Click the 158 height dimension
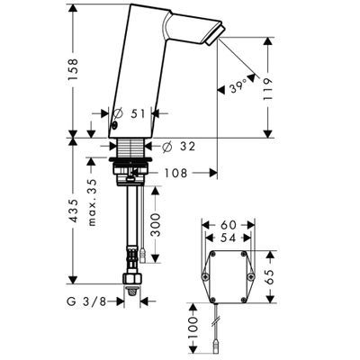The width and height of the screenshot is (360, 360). (x=73, y=69)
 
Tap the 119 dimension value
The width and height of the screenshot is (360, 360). (x=267, y=89)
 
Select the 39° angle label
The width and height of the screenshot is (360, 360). (x=238, y=88)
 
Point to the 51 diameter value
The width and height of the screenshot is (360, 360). (x=138, y=114)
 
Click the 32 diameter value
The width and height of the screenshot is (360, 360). (x=188, y=147)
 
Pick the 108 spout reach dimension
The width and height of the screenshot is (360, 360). (x=175, y=173)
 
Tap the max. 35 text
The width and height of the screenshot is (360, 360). (x=93, y=202)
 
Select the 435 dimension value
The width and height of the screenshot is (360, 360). (x=73, y=211)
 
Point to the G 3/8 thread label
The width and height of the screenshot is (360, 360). (x=86, y=301)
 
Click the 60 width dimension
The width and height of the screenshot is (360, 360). (x=228, y=225)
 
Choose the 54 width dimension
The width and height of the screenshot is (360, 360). (x=229, y=238)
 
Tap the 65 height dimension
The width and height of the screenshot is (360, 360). (x=270, y=277)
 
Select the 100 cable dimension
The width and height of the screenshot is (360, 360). (x=193, y=328)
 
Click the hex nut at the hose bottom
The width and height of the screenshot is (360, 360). (x=132, y=279)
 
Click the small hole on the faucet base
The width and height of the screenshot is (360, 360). (x=114, y=126)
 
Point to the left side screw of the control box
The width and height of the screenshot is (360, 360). (x=205, y=276)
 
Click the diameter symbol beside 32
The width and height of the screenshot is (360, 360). (x=166, y=147)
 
